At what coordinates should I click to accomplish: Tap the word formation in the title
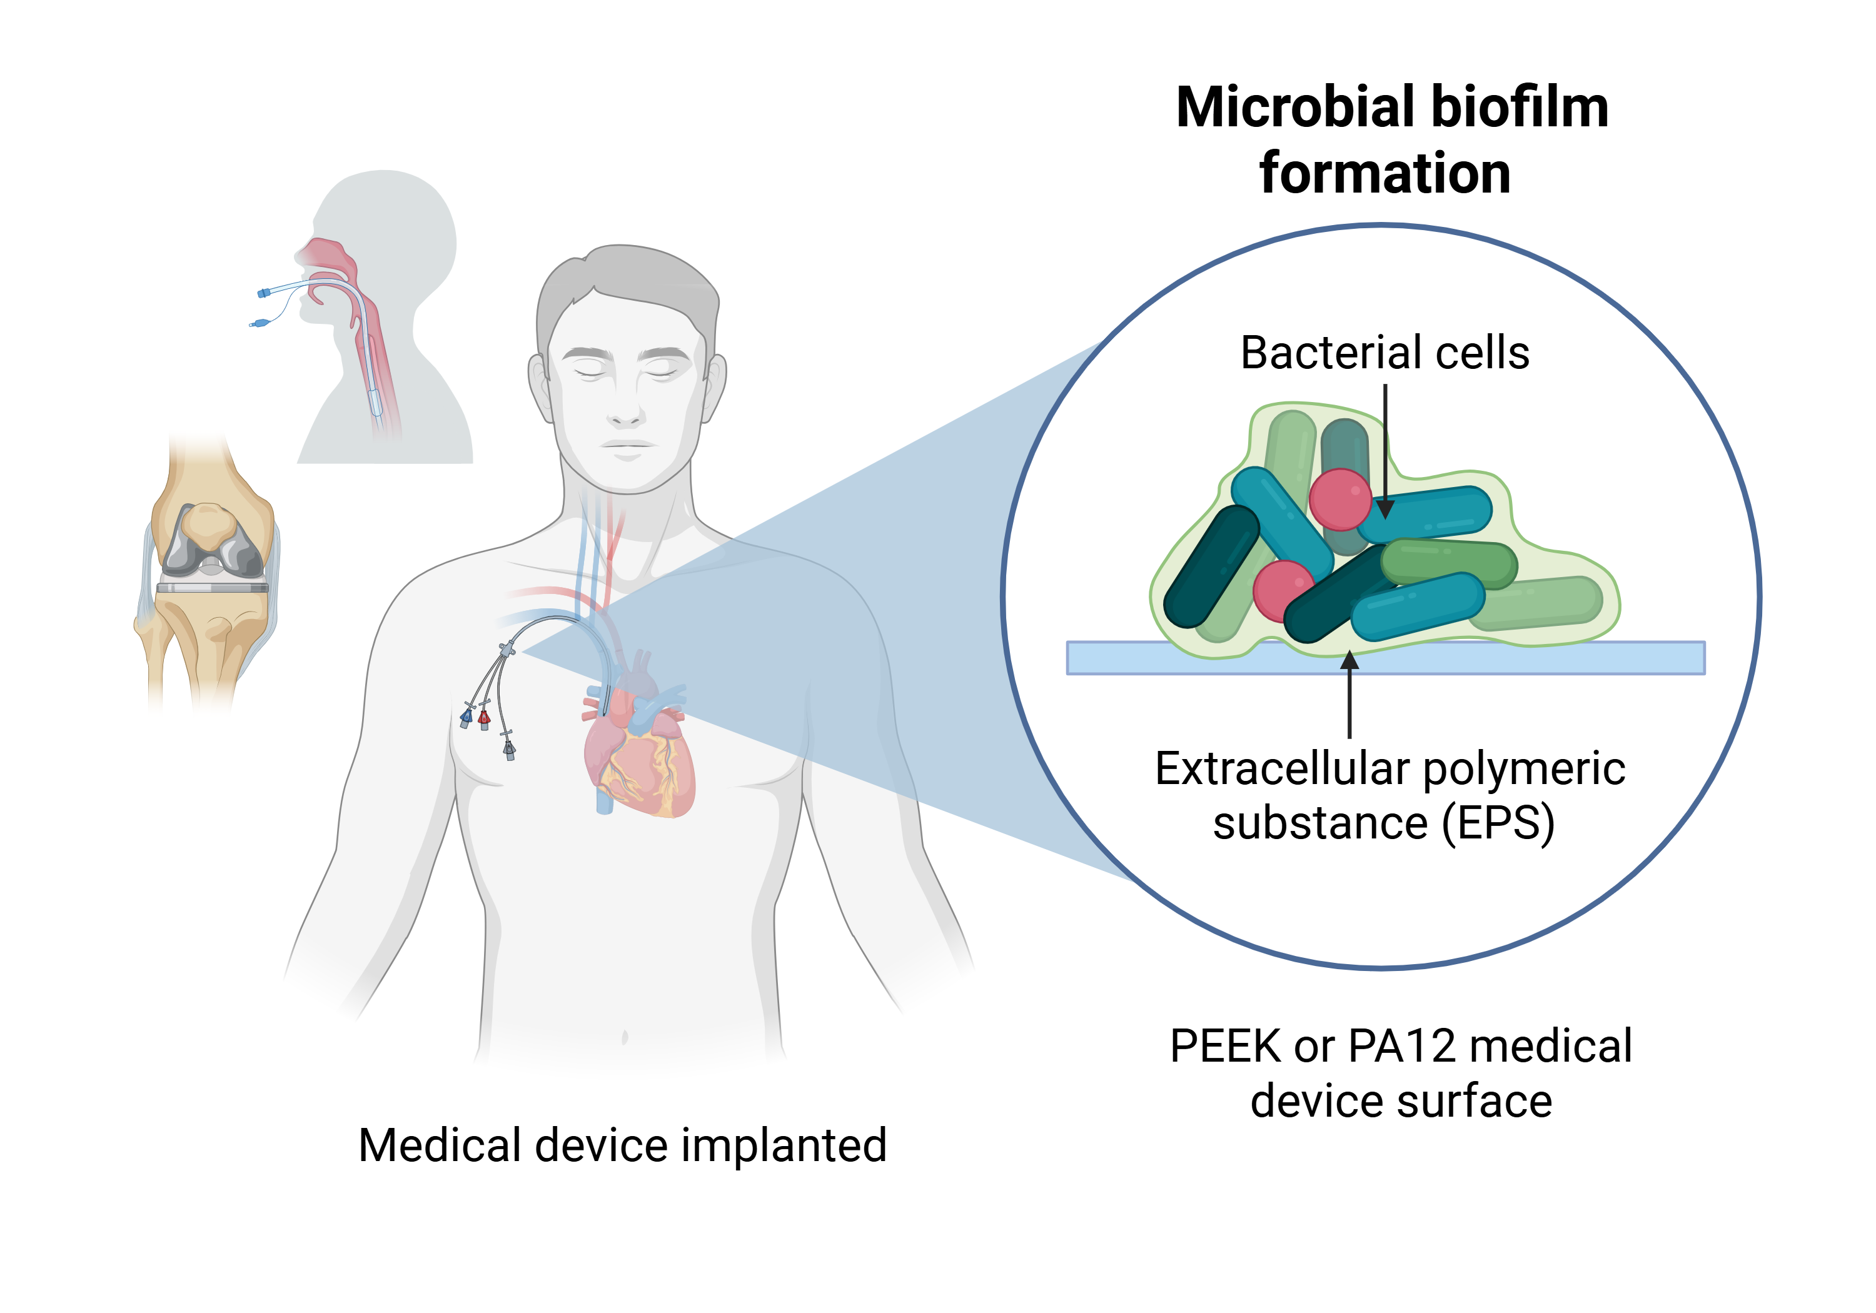1385,174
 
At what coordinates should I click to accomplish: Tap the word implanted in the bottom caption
784,1145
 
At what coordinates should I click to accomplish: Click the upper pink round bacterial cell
1340,499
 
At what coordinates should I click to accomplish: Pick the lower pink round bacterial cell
1283,590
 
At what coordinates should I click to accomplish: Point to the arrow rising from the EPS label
1350,695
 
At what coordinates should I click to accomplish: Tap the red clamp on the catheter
484,719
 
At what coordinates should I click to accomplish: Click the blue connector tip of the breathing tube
263,293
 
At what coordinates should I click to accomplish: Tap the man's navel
625,1039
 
